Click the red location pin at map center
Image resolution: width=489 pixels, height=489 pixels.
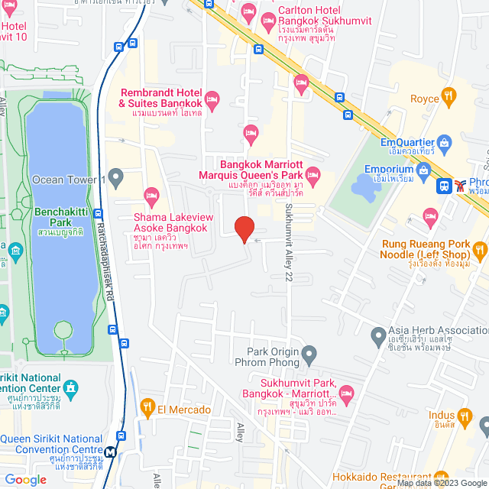pyautogui.click(x=244, y=229)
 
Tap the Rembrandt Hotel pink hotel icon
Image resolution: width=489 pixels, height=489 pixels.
pyautogui.click(x=212, y=97)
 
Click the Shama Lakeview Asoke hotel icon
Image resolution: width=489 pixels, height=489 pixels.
pyautogui.click(x=151, y=196)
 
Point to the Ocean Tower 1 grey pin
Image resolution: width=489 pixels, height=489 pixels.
pyautogui.click(x=116, y=180)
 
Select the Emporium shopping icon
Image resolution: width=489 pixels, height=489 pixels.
pyautogui.click(x=426, y=168)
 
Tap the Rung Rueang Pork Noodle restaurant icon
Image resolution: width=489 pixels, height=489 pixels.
pyautogui.click(x=479, y=249)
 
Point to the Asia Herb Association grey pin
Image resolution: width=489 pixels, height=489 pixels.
pyautogui.click(x=377, y=335)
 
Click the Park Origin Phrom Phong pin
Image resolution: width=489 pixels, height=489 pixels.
pyautogui.click(x=309, y=354)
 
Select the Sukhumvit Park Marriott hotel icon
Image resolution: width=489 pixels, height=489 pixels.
pyautogui.click(x=347, y=395)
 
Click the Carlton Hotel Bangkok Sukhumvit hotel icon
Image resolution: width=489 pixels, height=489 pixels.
pyautogui.click(x=248, y=11)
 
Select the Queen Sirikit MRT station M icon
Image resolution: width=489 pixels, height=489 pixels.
pyautogui.click(x=111, y=452)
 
